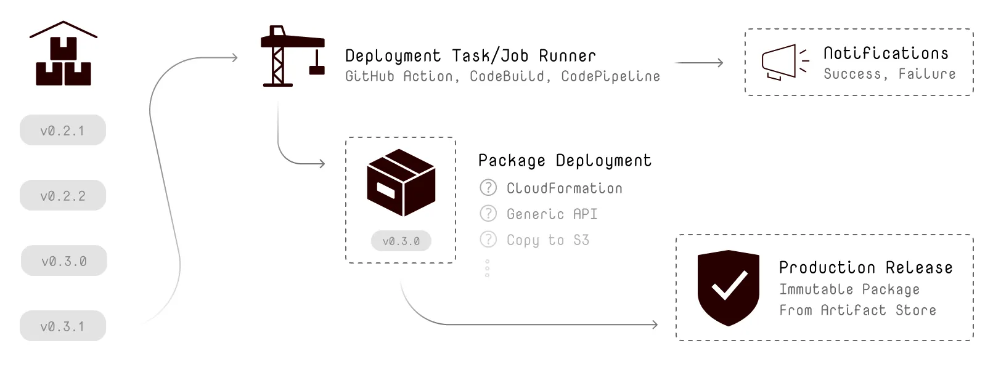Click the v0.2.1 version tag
coord(62,131)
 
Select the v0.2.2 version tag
coord(62,196)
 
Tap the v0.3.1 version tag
coord(62,326)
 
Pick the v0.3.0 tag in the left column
coord(63,261)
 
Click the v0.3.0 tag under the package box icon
coord(401,241)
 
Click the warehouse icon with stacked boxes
coord(63,55)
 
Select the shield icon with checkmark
coord(728,288)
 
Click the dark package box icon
coord(401,182)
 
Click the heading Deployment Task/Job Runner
coord(470,56)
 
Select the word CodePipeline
coord(610,76)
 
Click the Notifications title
coord(886,54)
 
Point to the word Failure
coord(926,74)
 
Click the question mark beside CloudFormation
coord(488,188)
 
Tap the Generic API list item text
coord(552,214)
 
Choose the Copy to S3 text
coord(547,240)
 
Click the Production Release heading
coord(865,268)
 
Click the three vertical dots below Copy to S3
coord(487,268)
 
